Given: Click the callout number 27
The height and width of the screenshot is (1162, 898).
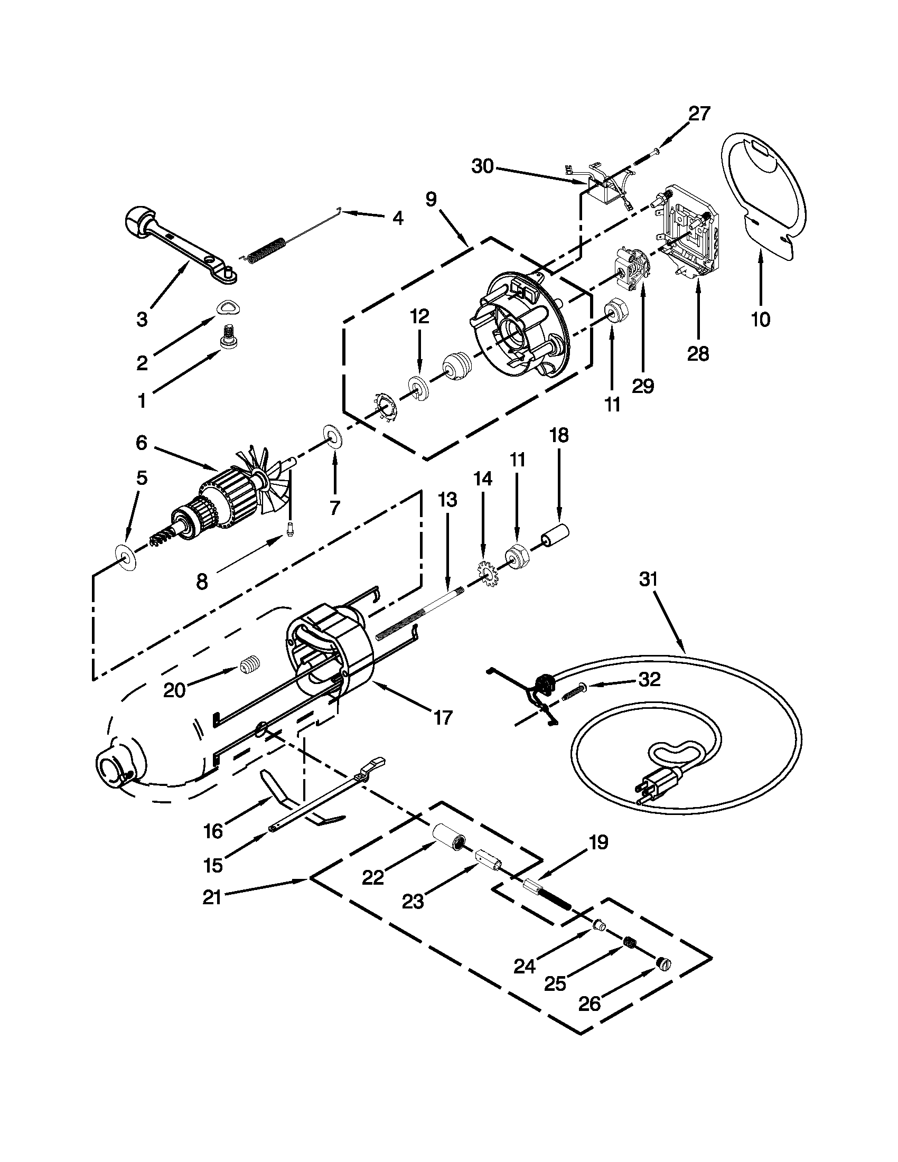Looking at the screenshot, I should point(699,114).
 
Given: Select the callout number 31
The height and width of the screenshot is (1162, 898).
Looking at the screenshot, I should point(649,579).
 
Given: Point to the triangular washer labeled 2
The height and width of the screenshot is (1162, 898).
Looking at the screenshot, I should point(228,308).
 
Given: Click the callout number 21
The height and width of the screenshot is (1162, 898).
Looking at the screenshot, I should point(212,897).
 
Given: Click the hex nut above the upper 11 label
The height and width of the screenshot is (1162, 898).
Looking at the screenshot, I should point(617,308).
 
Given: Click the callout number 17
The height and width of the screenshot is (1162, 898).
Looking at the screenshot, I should point(442,718).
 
